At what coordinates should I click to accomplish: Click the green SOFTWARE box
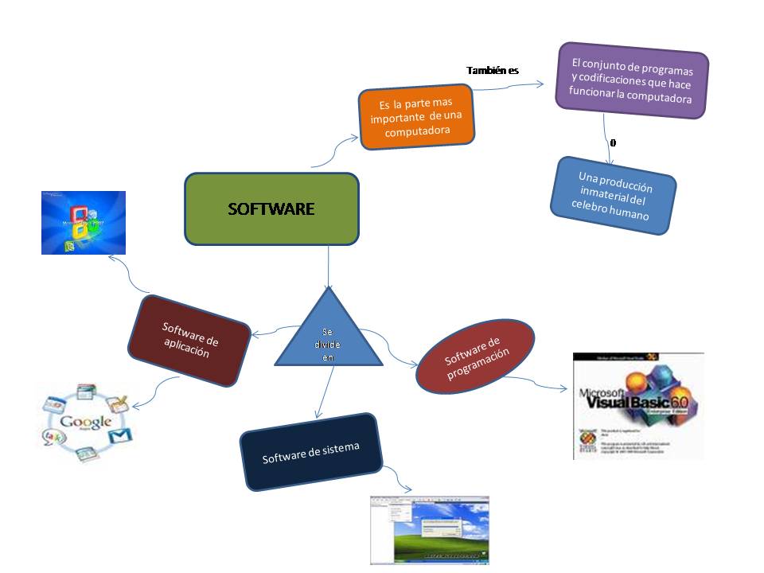(271, 209)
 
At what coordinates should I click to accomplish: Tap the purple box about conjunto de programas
(631, 81)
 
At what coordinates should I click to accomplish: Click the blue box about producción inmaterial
(614, 196)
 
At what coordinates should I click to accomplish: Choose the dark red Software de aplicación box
(189, 340)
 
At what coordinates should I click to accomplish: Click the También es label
(492, 71)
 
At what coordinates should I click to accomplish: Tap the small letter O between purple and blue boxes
(612, 143)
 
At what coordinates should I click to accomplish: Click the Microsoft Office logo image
(84, 222)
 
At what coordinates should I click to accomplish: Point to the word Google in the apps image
(85, 423)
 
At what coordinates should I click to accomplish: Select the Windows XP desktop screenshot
(429, 530)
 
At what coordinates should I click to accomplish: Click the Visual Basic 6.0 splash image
(637, 406)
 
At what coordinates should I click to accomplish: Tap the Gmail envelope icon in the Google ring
(119, 435)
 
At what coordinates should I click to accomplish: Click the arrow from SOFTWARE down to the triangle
(328, 267)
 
